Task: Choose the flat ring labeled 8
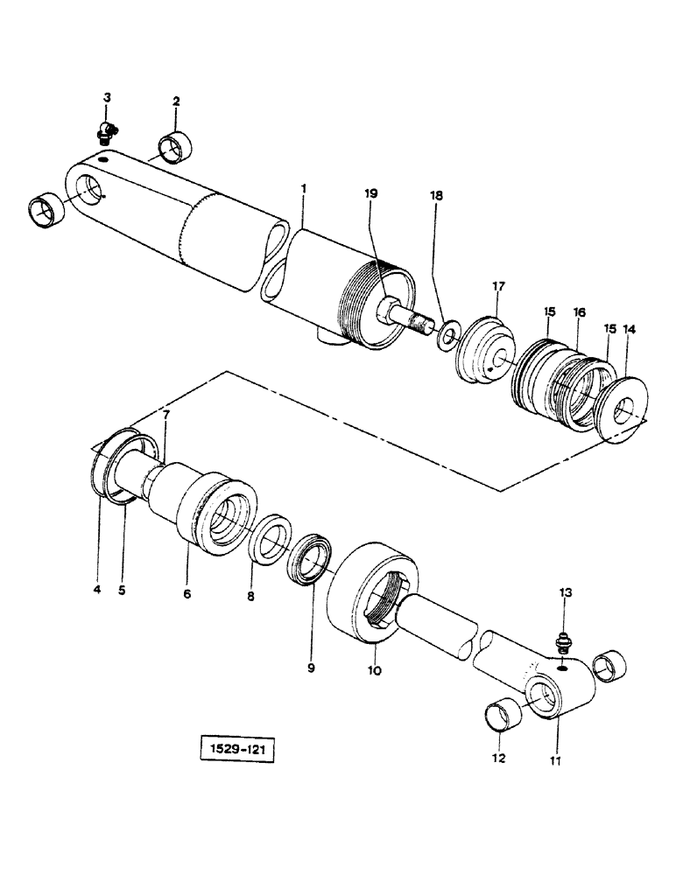(x=272, y=549)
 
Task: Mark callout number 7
(x=166, y=414)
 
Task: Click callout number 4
(x=97, y=590)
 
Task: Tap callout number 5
(x=122, y=590)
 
